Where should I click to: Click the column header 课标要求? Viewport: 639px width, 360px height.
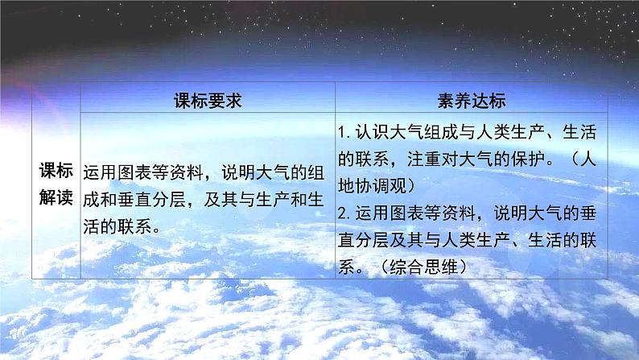[x=208, y=101]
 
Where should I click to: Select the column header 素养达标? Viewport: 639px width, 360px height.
[x=472, y=101]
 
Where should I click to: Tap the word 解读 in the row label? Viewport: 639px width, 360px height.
[x=56, y=197]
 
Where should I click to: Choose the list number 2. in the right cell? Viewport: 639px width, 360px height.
[x=346, y=211]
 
